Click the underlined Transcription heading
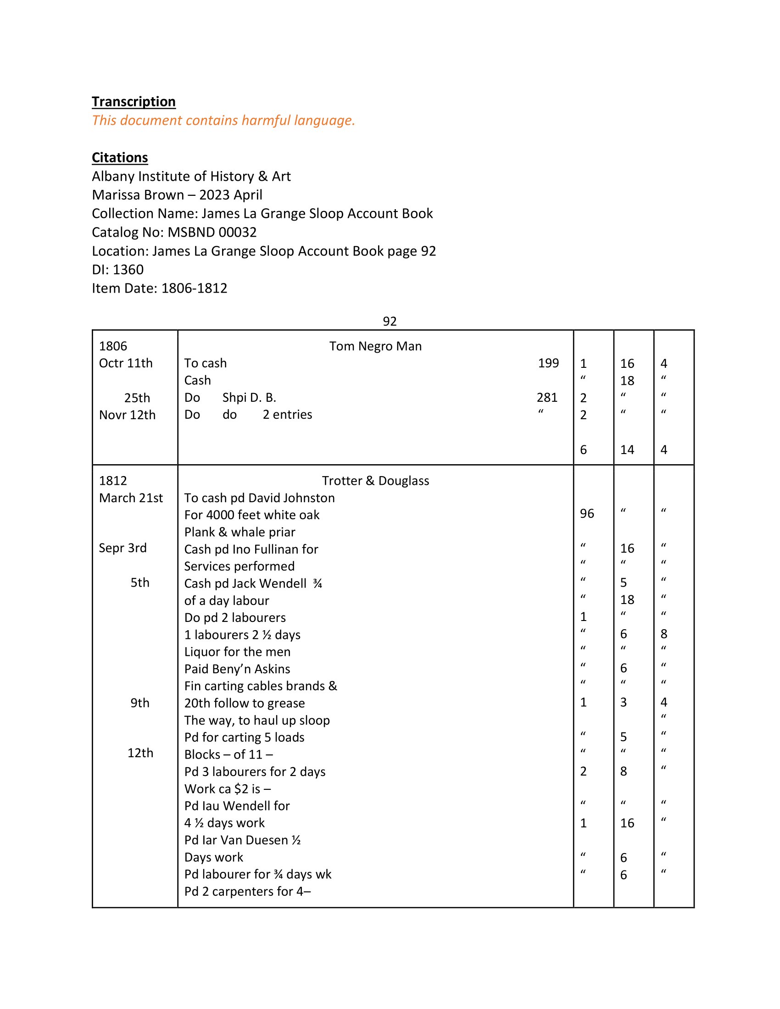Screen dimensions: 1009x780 134,102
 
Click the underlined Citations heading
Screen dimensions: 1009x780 120,157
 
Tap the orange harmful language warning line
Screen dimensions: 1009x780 223,121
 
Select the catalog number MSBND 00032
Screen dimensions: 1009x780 212,232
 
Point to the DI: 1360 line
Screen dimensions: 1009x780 118,269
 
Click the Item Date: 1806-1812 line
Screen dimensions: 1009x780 159,288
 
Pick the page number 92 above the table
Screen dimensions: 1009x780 390,321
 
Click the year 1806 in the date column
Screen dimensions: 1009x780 113,346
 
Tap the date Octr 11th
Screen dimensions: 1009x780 126,363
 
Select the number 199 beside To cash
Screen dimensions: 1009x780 548,363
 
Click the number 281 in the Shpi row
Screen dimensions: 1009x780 547,397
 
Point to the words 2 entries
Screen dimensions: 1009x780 287,415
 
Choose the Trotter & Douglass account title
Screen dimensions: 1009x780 375,481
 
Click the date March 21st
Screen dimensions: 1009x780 131,498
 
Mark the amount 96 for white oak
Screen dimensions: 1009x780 587,514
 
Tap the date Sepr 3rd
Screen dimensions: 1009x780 123,548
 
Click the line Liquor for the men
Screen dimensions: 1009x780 237,651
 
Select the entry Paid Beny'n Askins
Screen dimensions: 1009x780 237,669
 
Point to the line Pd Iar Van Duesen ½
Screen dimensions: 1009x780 243,840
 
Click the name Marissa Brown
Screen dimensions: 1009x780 138,195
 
